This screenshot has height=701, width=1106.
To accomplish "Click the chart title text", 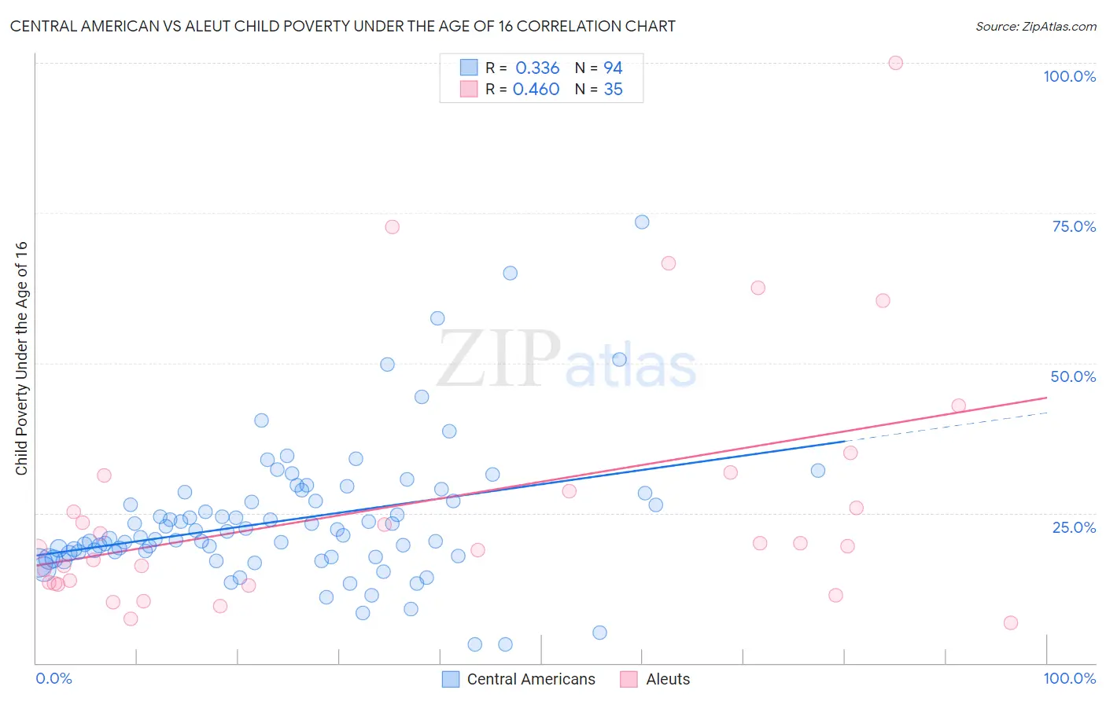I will tap(342, 26).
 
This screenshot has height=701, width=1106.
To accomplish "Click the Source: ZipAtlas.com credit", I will tap(1035, 26).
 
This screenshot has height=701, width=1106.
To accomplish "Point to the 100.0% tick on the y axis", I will tap(1069, 76).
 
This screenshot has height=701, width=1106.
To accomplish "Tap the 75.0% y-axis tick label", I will tap(1074, 226).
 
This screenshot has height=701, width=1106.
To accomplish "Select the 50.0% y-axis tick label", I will tap(1073, 376).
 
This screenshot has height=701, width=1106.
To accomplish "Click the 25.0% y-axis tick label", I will tap(1074, 527).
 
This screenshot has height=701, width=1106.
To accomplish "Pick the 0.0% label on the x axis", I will tap(53, 678).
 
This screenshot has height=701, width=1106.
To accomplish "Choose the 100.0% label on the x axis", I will tap(1069, 678).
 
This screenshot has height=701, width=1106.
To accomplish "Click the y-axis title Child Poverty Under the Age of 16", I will tap(21, 358).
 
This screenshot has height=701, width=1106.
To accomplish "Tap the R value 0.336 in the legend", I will tap(537, 68).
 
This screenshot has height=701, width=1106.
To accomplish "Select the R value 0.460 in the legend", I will tap(536, 90).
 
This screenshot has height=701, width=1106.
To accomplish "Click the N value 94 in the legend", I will tap(613, 68).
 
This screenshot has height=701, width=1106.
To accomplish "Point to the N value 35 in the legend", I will tap(613, 90).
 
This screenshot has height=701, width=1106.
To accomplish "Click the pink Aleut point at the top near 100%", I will tap(895, 63).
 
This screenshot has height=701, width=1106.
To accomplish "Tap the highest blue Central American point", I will tap(642, 222).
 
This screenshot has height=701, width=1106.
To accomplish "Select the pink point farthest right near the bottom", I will tap(1011, 622).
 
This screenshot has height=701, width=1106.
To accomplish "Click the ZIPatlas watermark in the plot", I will tap(566, 360).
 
